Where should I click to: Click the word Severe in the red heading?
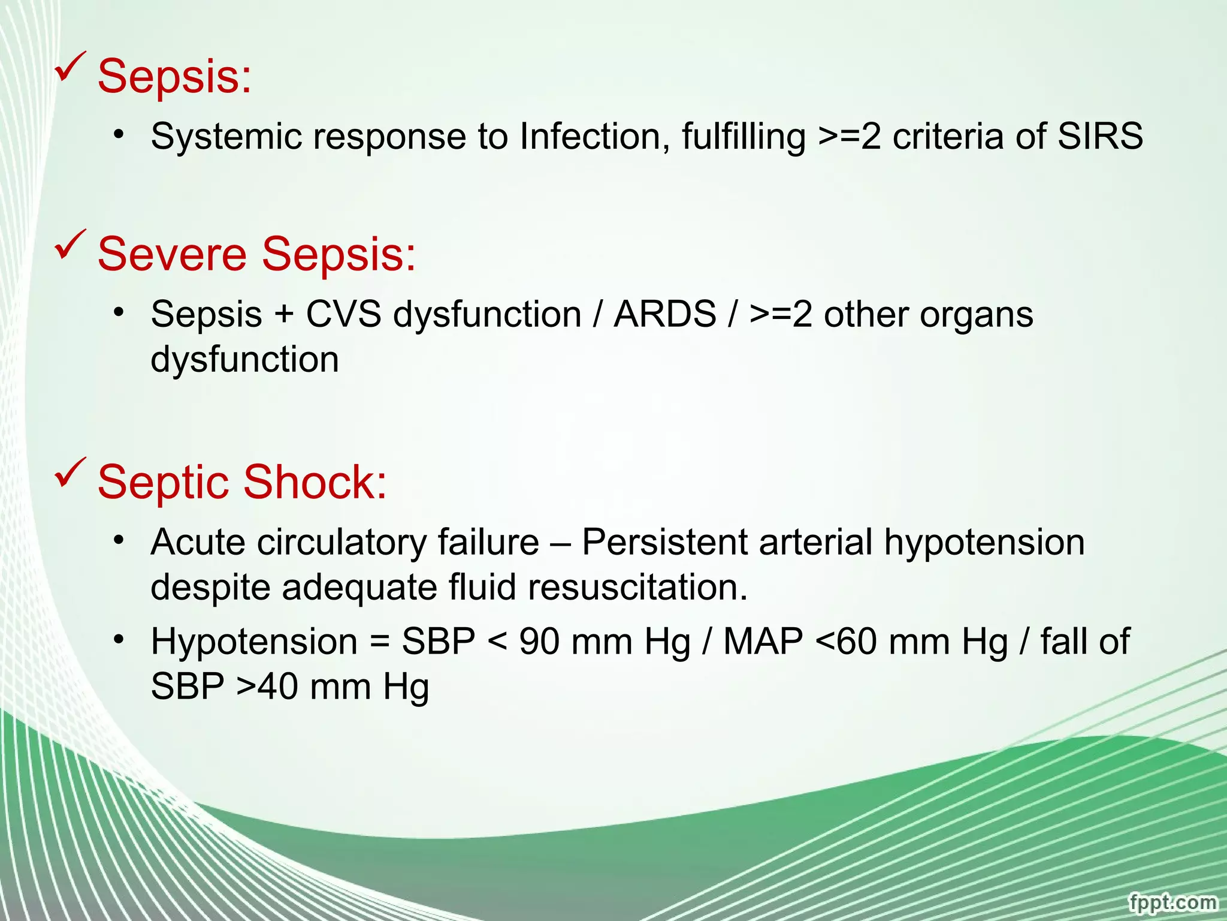tap(172, 254)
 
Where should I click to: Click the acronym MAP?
tap(763, 641)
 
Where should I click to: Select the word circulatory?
tap(341, 543)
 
